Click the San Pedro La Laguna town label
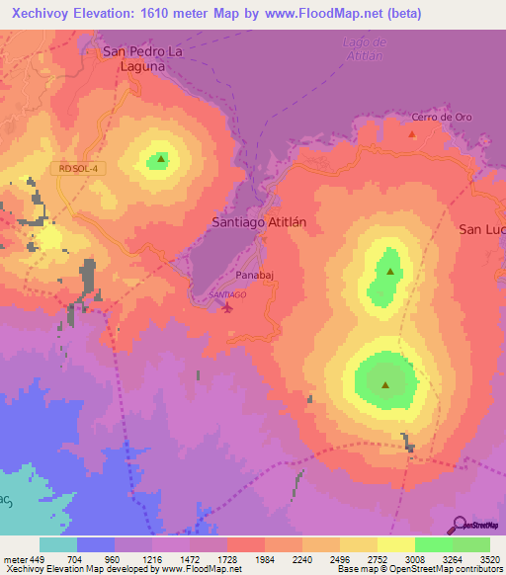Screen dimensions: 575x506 [146, 58]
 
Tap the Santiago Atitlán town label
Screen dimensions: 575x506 [259, 222]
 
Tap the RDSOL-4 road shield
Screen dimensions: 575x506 [79, 168]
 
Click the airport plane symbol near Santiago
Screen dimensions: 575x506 [229, 306]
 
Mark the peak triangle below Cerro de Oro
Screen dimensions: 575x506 [413, 132]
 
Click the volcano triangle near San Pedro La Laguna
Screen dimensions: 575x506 [160, 158]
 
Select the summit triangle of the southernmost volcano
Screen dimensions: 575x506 [385, 385]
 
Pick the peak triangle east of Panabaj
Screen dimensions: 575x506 [390, 270]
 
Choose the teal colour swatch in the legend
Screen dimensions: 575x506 [58, 544]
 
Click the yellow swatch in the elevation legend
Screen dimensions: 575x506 [395, 544]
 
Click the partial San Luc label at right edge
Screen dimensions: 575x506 [481, 228]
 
